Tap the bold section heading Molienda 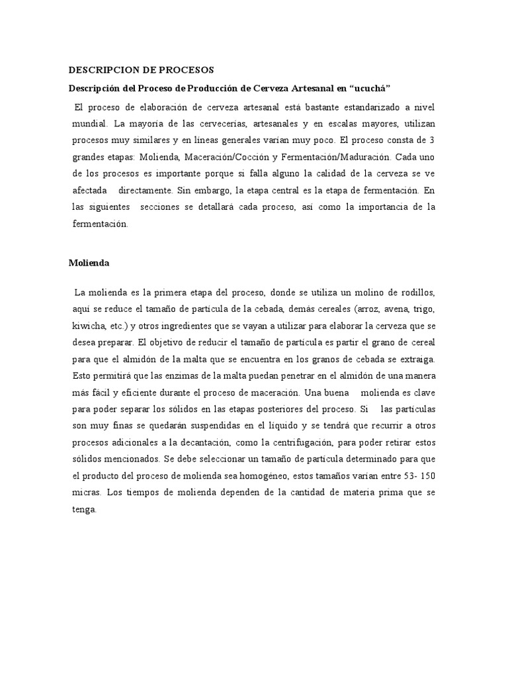89,262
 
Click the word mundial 89,124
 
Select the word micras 87,492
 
